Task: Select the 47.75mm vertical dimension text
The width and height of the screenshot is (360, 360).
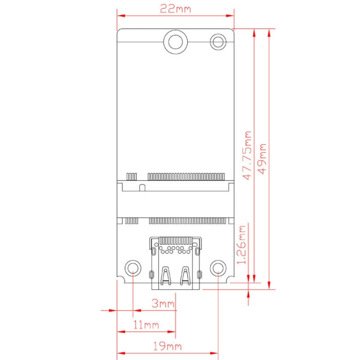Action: [247, 156]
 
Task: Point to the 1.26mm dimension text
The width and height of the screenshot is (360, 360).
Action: [242, 244]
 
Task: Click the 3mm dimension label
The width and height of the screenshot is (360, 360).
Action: [163, 303]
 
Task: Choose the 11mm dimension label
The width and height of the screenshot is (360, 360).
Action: [146, 325]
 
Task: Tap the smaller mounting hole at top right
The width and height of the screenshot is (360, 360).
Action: [218, 41]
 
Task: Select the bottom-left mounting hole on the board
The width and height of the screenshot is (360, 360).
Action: [132, 268]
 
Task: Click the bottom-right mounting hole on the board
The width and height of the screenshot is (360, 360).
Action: [218, 268]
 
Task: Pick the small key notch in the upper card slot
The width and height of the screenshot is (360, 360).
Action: [142, 186]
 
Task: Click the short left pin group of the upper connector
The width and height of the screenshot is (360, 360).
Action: [131, 176]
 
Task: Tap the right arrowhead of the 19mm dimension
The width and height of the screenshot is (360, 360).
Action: [215, 353]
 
